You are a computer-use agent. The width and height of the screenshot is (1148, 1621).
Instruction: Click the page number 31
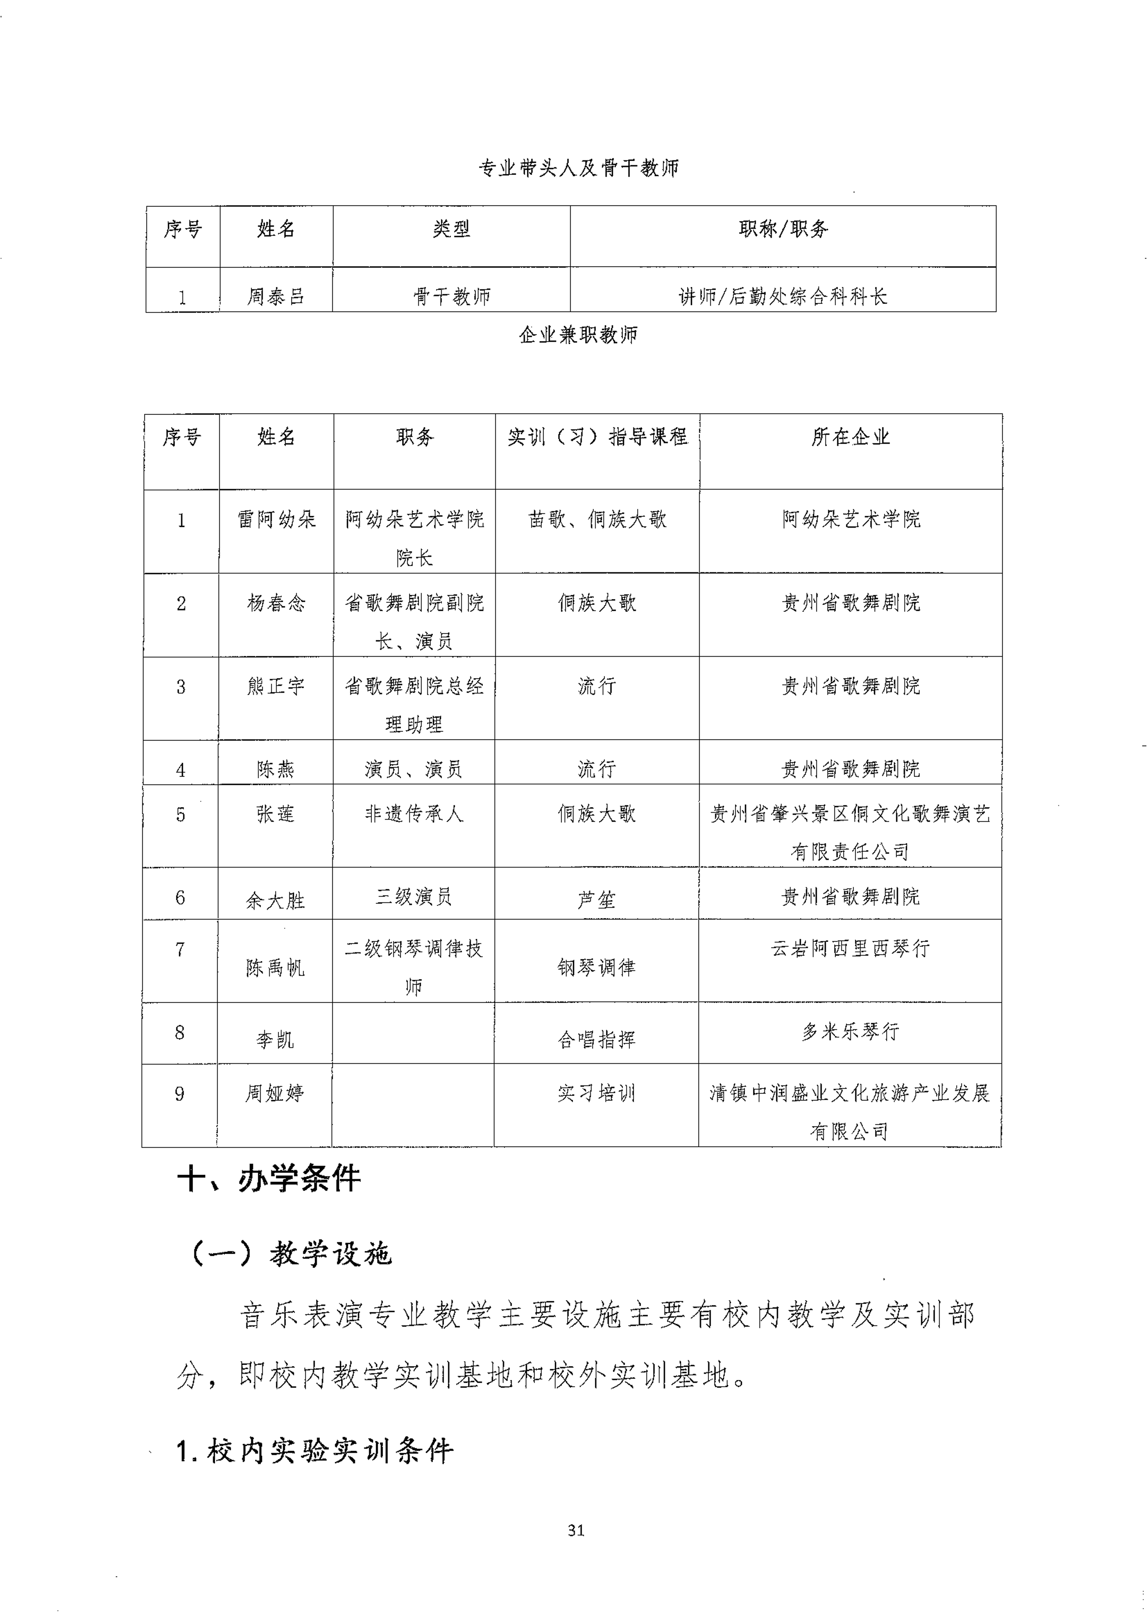(576, 1530)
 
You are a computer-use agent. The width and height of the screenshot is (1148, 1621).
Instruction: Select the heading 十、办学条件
(270, 1179)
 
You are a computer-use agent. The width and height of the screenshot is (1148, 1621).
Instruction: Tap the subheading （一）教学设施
(290, 1254)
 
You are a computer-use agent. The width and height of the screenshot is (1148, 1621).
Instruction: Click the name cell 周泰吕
(276, 296)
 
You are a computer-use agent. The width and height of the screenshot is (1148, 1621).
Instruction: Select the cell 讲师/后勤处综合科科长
(783, 296)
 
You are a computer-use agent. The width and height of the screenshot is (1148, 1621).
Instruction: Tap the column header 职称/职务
(783, 229)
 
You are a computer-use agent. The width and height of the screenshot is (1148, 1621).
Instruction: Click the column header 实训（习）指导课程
(597, 437)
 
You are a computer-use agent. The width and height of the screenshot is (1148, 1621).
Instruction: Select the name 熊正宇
(276, 686)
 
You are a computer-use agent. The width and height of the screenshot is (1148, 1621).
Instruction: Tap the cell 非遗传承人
(414, 814)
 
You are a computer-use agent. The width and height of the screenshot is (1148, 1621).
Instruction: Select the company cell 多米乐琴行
(850, 1032)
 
